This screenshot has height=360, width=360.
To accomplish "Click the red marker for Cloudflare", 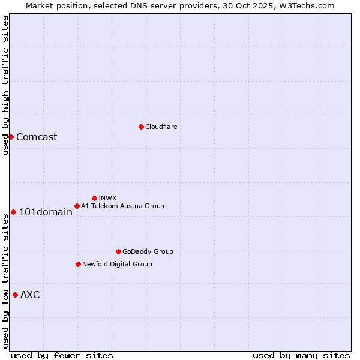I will click(x=141, y=127).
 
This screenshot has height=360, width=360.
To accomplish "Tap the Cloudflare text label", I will click(x=161, y=127).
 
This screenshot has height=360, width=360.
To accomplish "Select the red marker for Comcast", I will click(x=11, y=137).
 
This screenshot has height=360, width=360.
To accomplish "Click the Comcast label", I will click(x=37, y=137).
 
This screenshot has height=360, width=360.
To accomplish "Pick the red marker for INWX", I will click(x=94, y=198).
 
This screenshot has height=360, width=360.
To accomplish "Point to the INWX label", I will click(x=107, y=198).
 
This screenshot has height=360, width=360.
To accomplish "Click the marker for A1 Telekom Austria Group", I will click(x=77, y=206).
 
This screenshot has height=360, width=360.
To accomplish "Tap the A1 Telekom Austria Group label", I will click(x=122, y=206).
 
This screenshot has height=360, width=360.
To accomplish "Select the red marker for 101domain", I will click(x=13, y=212).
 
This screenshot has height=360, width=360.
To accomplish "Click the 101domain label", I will click(x=46, y=212).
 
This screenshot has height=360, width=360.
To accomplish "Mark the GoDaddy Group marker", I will click(x=118, y=251).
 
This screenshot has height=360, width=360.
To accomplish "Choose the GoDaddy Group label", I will click(x=147, y=251).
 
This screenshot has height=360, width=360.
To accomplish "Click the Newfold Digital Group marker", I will click(x=78, y=264).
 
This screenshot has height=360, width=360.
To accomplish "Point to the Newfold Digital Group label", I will click(x=117, y=264).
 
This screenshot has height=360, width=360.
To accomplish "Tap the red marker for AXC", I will click(x=15, y=295).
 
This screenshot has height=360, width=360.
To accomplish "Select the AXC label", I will click(x=30, y=295).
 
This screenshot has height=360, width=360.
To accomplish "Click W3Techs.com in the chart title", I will click(x=310, y=5).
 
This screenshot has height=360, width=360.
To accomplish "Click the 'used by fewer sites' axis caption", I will click(x=62, y=355).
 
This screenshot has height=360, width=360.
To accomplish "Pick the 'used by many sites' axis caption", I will click(x=301, y=355).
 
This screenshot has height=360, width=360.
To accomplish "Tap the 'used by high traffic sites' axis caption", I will click(x=5, y=86).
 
